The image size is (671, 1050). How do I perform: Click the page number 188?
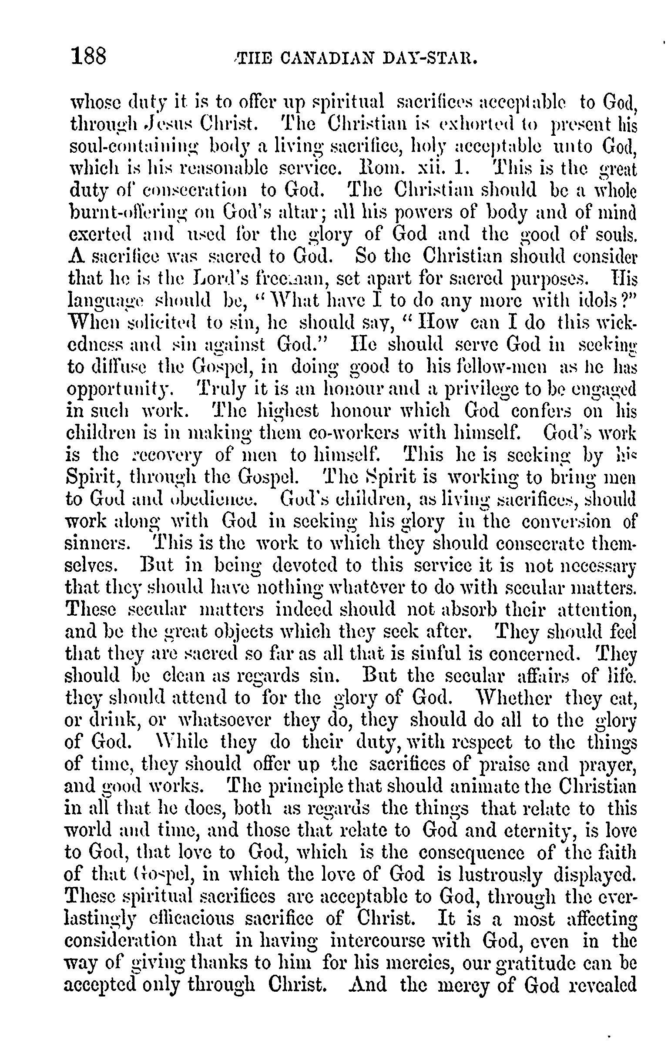click(x=88, y=57)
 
